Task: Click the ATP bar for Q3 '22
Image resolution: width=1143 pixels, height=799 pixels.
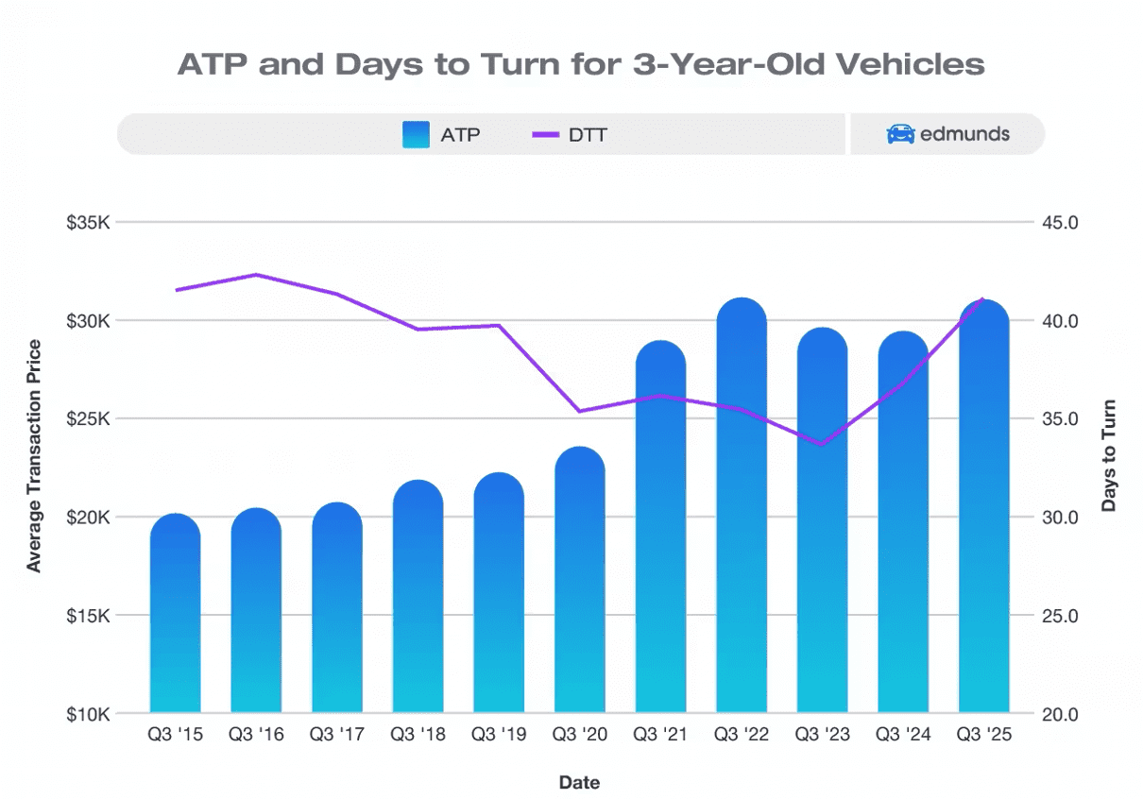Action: pyautogui.click(x=742, y=510)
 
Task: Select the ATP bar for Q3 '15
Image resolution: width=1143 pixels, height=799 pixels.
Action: pyautogui.click(x=175, y=614)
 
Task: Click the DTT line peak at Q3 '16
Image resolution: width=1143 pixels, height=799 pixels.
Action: pyautogui.click(x=256, y=275)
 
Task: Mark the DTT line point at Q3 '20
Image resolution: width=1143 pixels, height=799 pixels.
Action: pyautogui.click(x=579, y=411)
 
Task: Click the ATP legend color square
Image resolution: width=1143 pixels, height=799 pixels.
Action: pyautogui.click(x=416, y=134)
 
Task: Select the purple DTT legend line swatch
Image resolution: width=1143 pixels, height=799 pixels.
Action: pyautogui.click(x=546, y=134)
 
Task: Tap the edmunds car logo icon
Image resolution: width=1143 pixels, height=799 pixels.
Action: pyautogui.click(x=900, y=134)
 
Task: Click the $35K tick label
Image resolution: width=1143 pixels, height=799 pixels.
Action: pyautogui.click(x=90, y=223)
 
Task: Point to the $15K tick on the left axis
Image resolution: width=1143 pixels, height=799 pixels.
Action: pyautogui.click(x=90, y=616)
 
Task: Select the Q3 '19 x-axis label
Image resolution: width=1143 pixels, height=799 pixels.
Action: pyautogui.click(x=498, y=735)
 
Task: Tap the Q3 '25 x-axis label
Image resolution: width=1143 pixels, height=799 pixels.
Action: pyautogui.click(x=983, y=735)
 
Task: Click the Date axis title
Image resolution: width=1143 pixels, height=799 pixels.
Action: pyautogui.click(x=579, y=782)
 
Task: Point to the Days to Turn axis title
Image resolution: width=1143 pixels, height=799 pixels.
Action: pyautogui.click(x=1109, y=456)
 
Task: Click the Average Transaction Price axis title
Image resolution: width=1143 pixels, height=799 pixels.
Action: pyautogui.click(x=35, y=456)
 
